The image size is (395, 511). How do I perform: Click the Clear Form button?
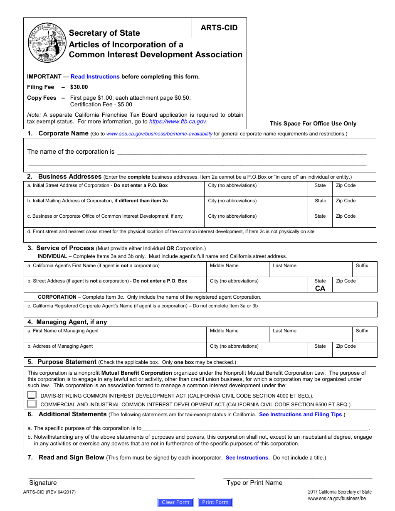tap(175, 502)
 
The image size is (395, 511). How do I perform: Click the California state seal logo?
tap(47, 43)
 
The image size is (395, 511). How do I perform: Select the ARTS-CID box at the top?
tap(219, 28)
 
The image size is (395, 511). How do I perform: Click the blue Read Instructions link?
tap(95, 76)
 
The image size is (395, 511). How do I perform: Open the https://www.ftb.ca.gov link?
tap(178, 122)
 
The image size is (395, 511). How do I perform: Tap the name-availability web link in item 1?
tap(159, 134)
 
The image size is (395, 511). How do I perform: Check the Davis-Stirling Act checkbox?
tap(32, 396)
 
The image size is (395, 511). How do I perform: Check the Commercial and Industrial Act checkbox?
tap(32, 404)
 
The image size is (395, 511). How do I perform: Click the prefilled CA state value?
tap(320, 288)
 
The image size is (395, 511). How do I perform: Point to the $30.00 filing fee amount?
tap(79, 87)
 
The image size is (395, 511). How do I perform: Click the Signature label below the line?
tap(43, 483)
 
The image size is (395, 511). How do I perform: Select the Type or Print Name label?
tap(254, 483)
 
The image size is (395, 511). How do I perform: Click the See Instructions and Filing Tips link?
tap(300, 415)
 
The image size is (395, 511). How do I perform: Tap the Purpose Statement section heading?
tap(67, 362)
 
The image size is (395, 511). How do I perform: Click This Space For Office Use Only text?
tap(313, 123)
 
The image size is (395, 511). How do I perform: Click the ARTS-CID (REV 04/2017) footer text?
tap(49, 492)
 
